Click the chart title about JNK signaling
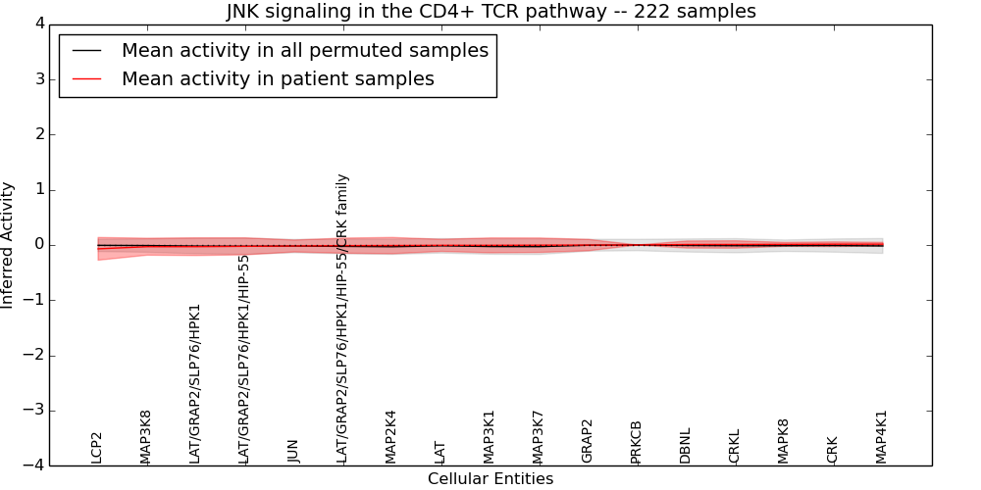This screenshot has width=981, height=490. [490, 12]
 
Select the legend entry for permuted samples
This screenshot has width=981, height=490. [304, 50]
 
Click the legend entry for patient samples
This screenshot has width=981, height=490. [278, 79]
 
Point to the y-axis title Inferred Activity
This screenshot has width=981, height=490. [8, 245]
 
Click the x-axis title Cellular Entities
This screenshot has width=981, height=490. [490, 479]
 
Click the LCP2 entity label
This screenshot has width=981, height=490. [97, 447]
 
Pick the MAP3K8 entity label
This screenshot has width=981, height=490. [146, 436]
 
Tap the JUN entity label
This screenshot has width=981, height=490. [293, 450]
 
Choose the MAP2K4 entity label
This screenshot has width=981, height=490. [391, 436]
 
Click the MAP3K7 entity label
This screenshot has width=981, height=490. [539, 436]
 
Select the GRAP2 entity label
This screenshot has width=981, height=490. [588, 441]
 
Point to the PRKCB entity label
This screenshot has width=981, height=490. [637, 441]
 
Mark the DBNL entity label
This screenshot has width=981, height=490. [686, 445]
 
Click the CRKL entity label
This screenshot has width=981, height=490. [735, 446]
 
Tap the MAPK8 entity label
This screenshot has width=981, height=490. [784, 441]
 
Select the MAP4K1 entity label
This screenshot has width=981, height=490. [882, 436]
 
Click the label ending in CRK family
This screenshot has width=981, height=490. [342, 318]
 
